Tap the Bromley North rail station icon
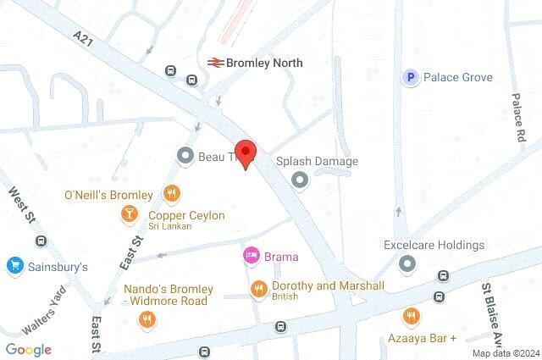[215, 63]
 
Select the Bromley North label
[264, 63]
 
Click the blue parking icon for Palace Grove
[411, 78]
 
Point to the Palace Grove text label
[458, 78]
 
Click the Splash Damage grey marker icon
[299, 179]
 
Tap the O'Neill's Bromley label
[108, 195]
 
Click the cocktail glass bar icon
[130, 216]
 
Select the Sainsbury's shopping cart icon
[14, 266]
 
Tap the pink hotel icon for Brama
[251, 255]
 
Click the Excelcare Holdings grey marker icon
[407, 263]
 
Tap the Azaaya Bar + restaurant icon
[412, 316]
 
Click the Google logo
[28, 350]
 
